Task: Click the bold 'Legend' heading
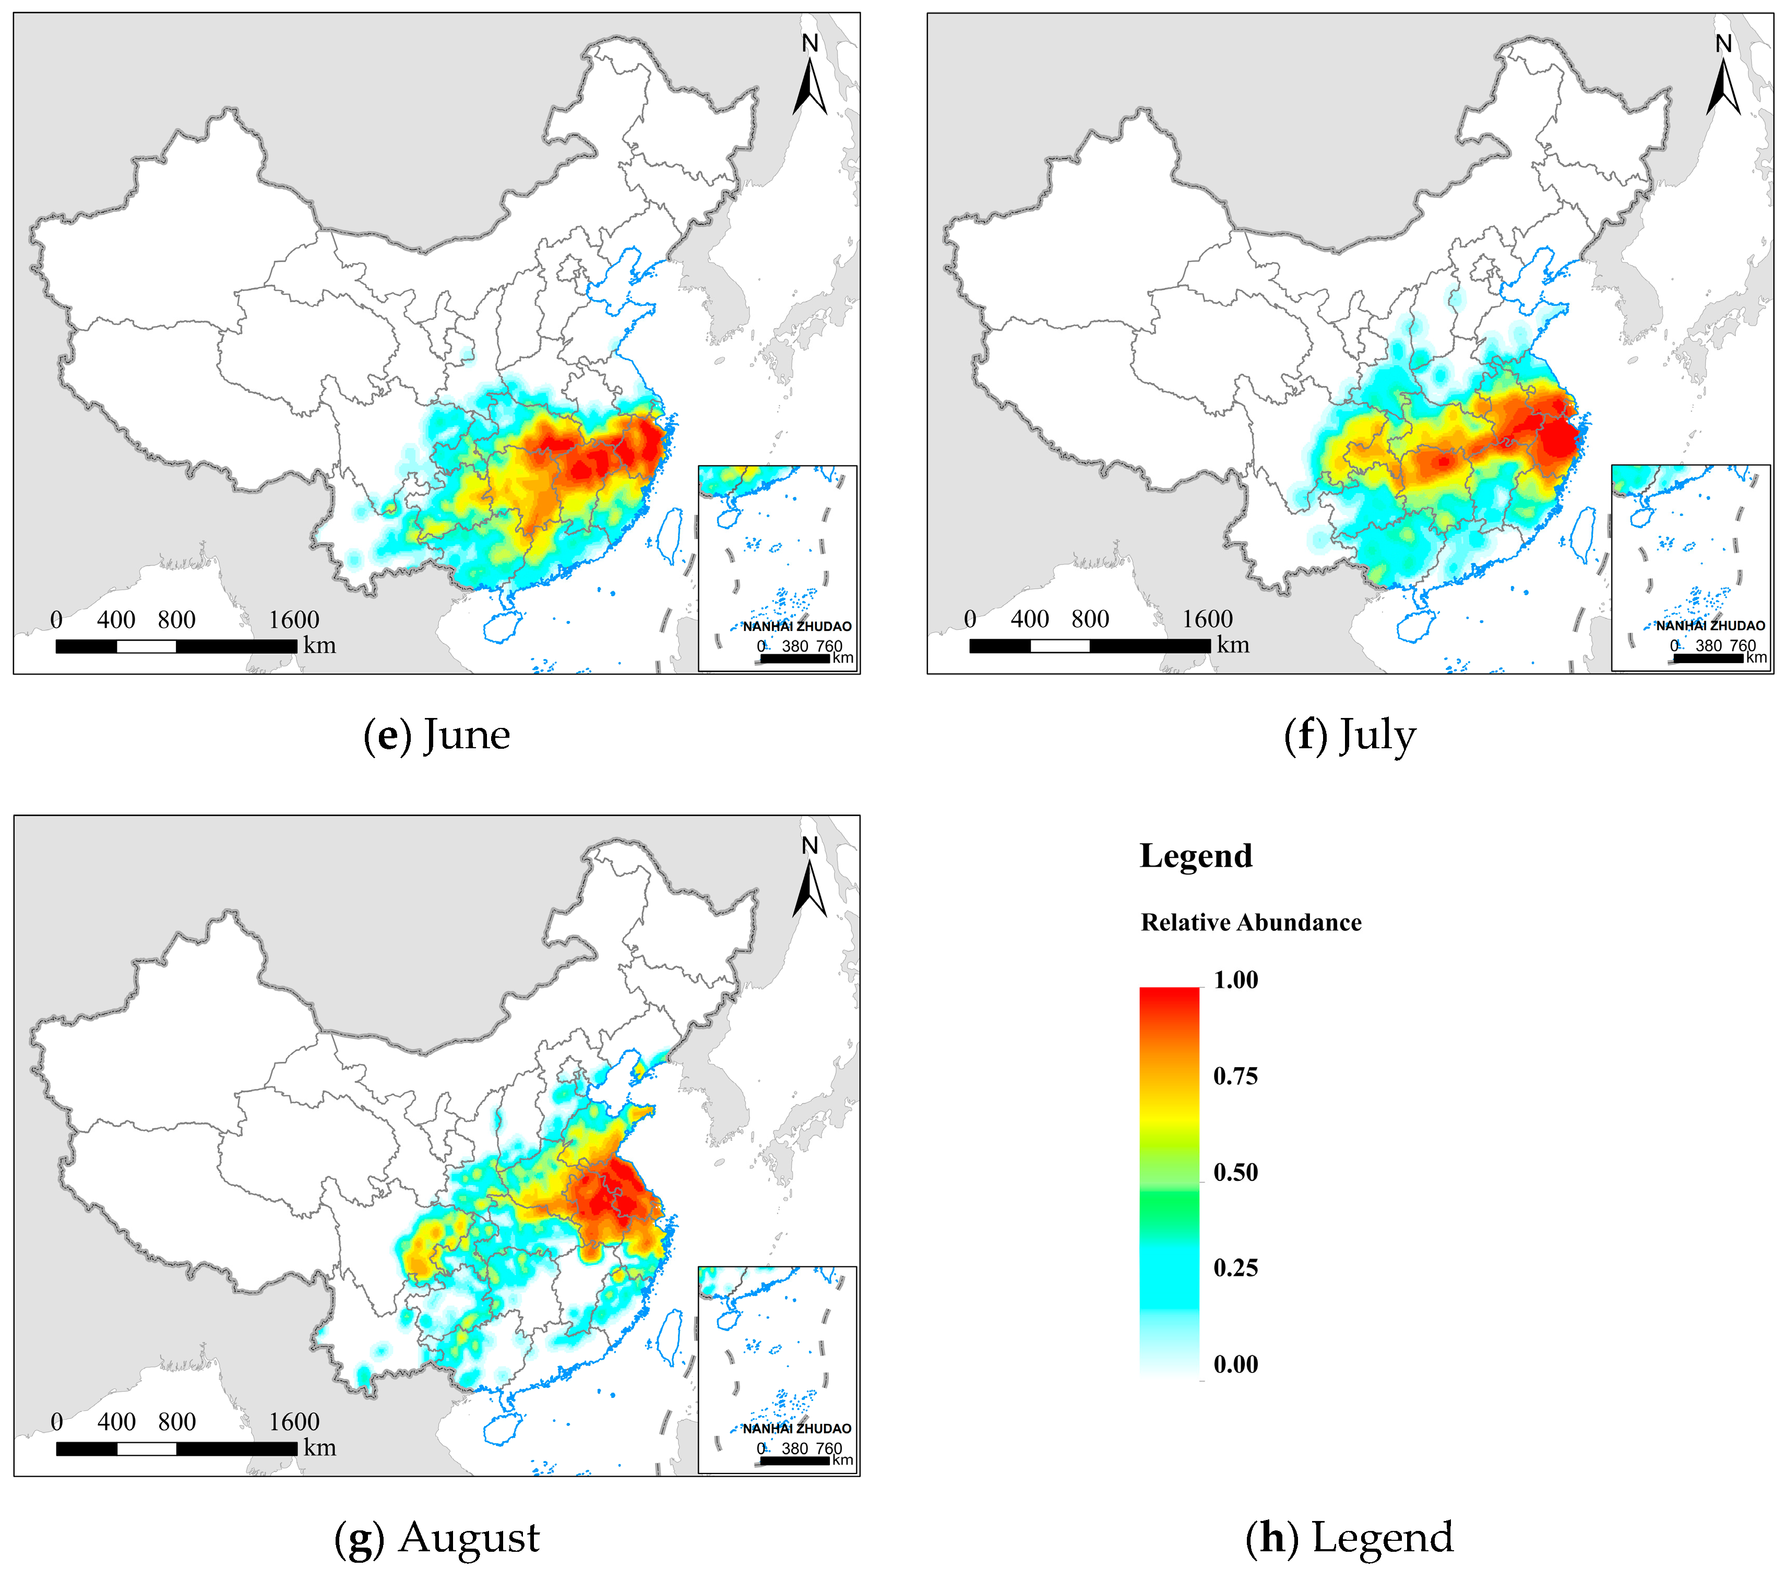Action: tap(1195, 855)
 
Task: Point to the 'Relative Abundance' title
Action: tap(1251, 923)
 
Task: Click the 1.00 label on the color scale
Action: tap(1235, 979)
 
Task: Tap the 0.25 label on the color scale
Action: tap(1235, 1267)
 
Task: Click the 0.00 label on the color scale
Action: tap(1235, 1364)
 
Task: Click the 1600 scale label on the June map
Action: tap(294, 619)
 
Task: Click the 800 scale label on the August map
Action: tap(176, 1421)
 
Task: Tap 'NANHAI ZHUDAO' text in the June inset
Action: tap(797, 626)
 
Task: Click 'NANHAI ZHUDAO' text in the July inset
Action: tap(1710, 626)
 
